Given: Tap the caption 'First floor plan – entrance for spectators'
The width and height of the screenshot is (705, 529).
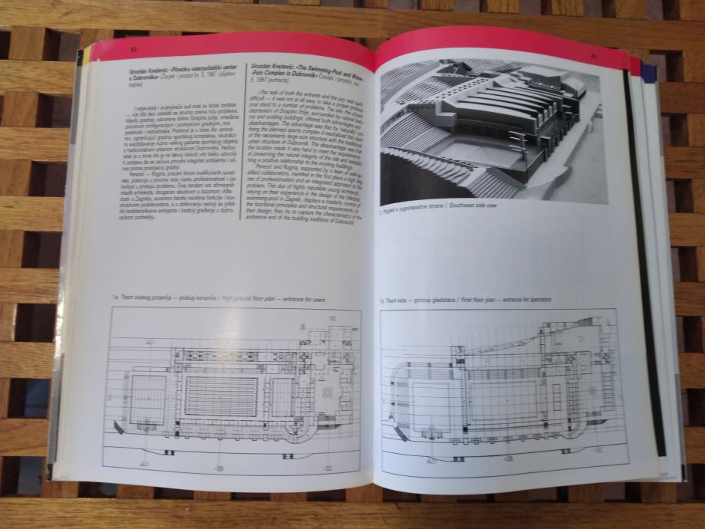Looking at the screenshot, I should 468,298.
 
